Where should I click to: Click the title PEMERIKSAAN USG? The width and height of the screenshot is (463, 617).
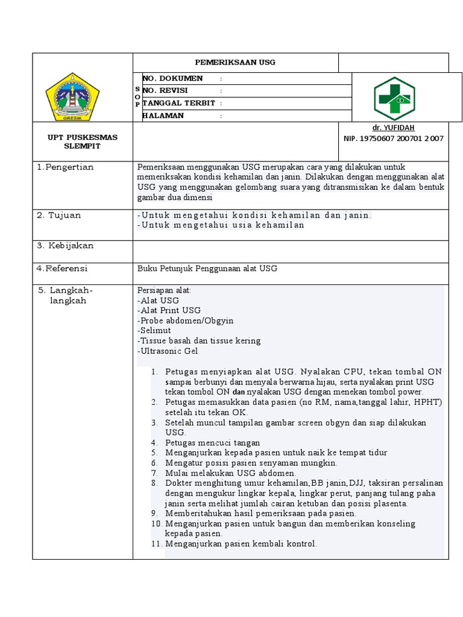point(235,62)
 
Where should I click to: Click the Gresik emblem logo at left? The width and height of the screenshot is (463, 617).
point(72,96)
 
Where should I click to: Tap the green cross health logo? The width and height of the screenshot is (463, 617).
point(394,99)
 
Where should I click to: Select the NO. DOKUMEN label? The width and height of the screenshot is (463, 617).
point(172,78)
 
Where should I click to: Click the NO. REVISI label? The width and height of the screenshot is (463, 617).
point(165,90)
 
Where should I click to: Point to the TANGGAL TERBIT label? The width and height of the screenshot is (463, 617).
point(178,103)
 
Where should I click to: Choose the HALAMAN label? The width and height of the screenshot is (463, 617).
point(163,116)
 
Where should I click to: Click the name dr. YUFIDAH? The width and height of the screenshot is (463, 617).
point(393,128)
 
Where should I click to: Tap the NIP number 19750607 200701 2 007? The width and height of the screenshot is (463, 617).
point(393,139)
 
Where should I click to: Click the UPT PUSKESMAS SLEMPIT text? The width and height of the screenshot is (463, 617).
point(83,142)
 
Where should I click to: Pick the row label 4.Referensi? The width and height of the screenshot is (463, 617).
point(62,268)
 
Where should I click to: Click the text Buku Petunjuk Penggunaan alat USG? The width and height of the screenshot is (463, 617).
point(207,268)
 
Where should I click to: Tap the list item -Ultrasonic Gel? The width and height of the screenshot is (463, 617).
point(168,351)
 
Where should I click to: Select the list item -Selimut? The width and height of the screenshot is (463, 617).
point(154,330)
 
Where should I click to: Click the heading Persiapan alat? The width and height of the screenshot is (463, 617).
point(165,290)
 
